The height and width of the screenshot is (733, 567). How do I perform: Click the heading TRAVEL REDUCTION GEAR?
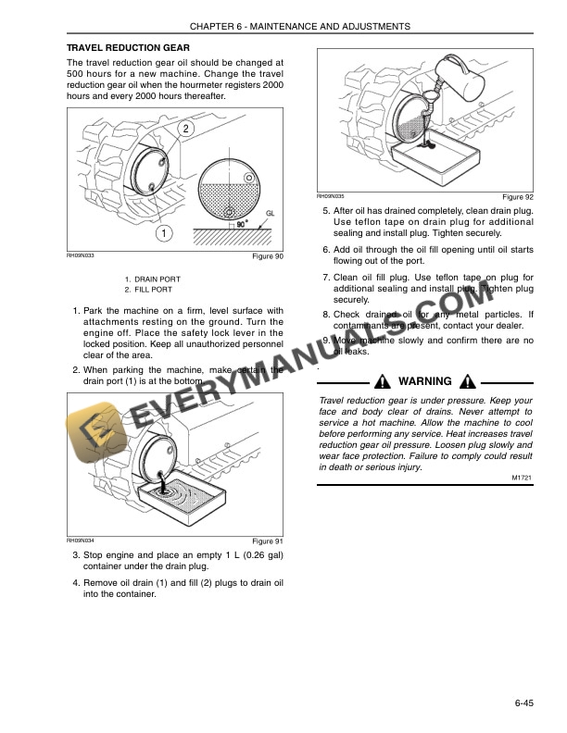[x=128, y=47]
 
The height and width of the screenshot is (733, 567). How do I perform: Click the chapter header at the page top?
[x=283, y=27]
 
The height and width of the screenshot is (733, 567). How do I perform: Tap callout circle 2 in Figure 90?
[x=186, y=129]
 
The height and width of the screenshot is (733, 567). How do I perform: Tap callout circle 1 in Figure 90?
[x=162, y=233]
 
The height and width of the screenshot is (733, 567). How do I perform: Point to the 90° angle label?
[x=242, y=223]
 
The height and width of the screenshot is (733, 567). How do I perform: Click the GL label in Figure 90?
[x=270, y=213]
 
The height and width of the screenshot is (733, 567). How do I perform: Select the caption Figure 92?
[x=517, y=197]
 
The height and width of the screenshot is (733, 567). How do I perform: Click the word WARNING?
[x=424, y=381]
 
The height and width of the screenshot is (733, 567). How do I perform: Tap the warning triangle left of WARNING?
[x=383, y=381]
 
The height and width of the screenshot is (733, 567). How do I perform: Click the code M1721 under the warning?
[x=522, y=478]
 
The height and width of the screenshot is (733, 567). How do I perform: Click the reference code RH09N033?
[x=81, y=255]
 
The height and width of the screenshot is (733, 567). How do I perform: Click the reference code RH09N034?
[x=81, y=539]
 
